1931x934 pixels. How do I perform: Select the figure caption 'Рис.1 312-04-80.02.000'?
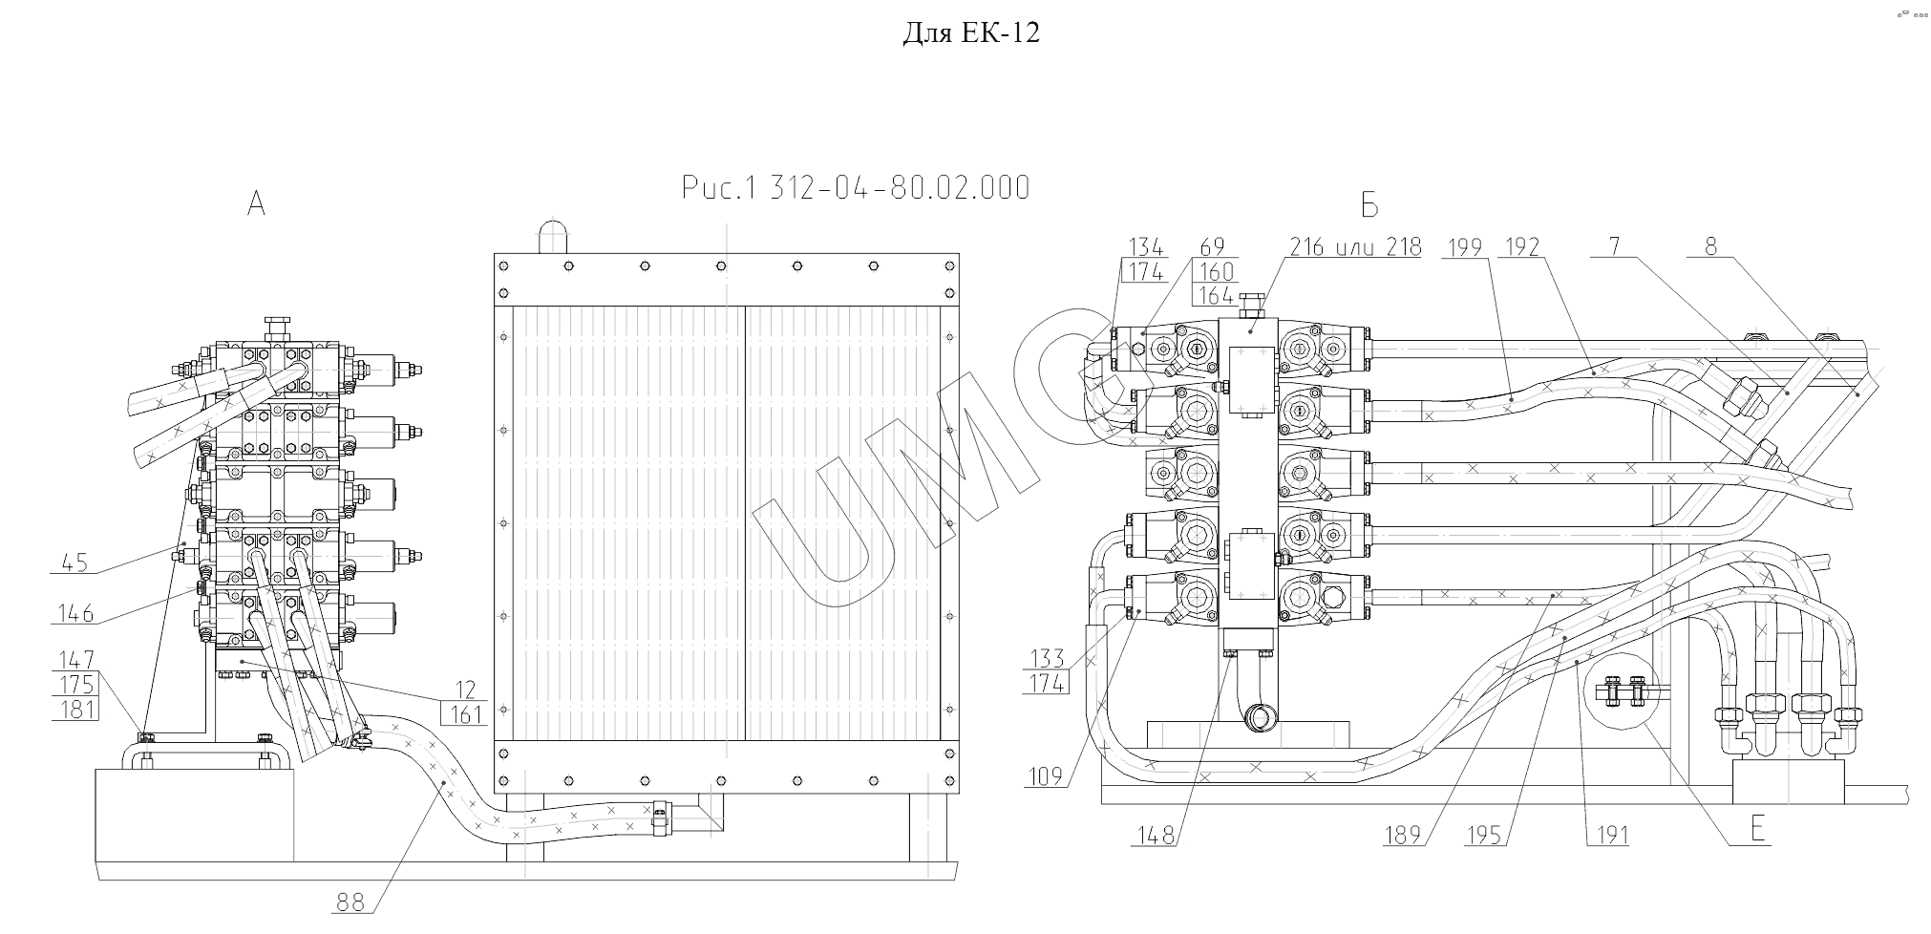[x=857, y=188]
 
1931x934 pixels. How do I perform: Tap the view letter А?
[x=256, y=202]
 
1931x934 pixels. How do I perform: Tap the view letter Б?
[x=1369, y=205]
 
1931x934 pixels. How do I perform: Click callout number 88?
[x=350, y=902]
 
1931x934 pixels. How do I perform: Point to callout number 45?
[x=74, y=563]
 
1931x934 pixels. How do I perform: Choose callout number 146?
[x=75, y=613]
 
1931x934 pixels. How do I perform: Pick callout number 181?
[x=76, y=709]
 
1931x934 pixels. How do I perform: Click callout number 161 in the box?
[x=466, y=713]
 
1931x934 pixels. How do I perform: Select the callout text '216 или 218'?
[x=1354, y=247]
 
